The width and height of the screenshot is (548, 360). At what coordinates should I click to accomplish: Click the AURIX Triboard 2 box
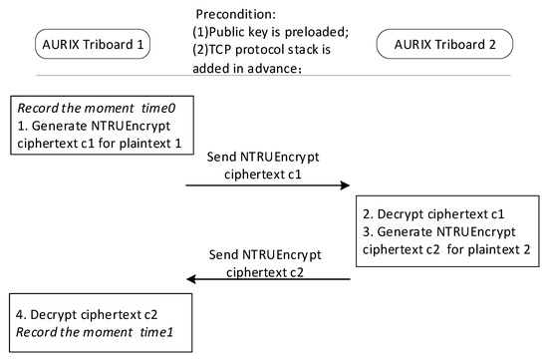443,45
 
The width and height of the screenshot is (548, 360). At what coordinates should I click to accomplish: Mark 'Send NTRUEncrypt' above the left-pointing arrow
266,254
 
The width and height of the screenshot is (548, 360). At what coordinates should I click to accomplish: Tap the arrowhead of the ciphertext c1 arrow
345,184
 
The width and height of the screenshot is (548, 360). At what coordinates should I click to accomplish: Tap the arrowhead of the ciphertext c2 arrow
192,280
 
